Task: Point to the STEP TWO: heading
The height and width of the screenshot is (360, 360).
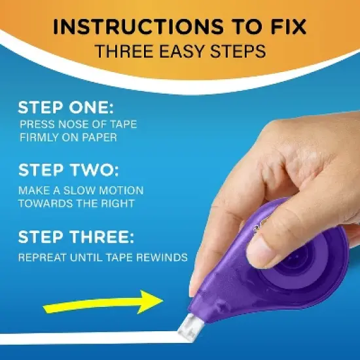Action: pos(68,170)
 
